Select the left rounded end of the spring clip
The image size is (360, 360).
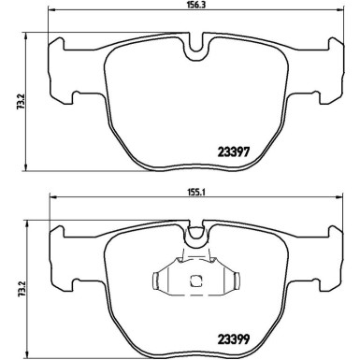[x=151, y=278]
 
